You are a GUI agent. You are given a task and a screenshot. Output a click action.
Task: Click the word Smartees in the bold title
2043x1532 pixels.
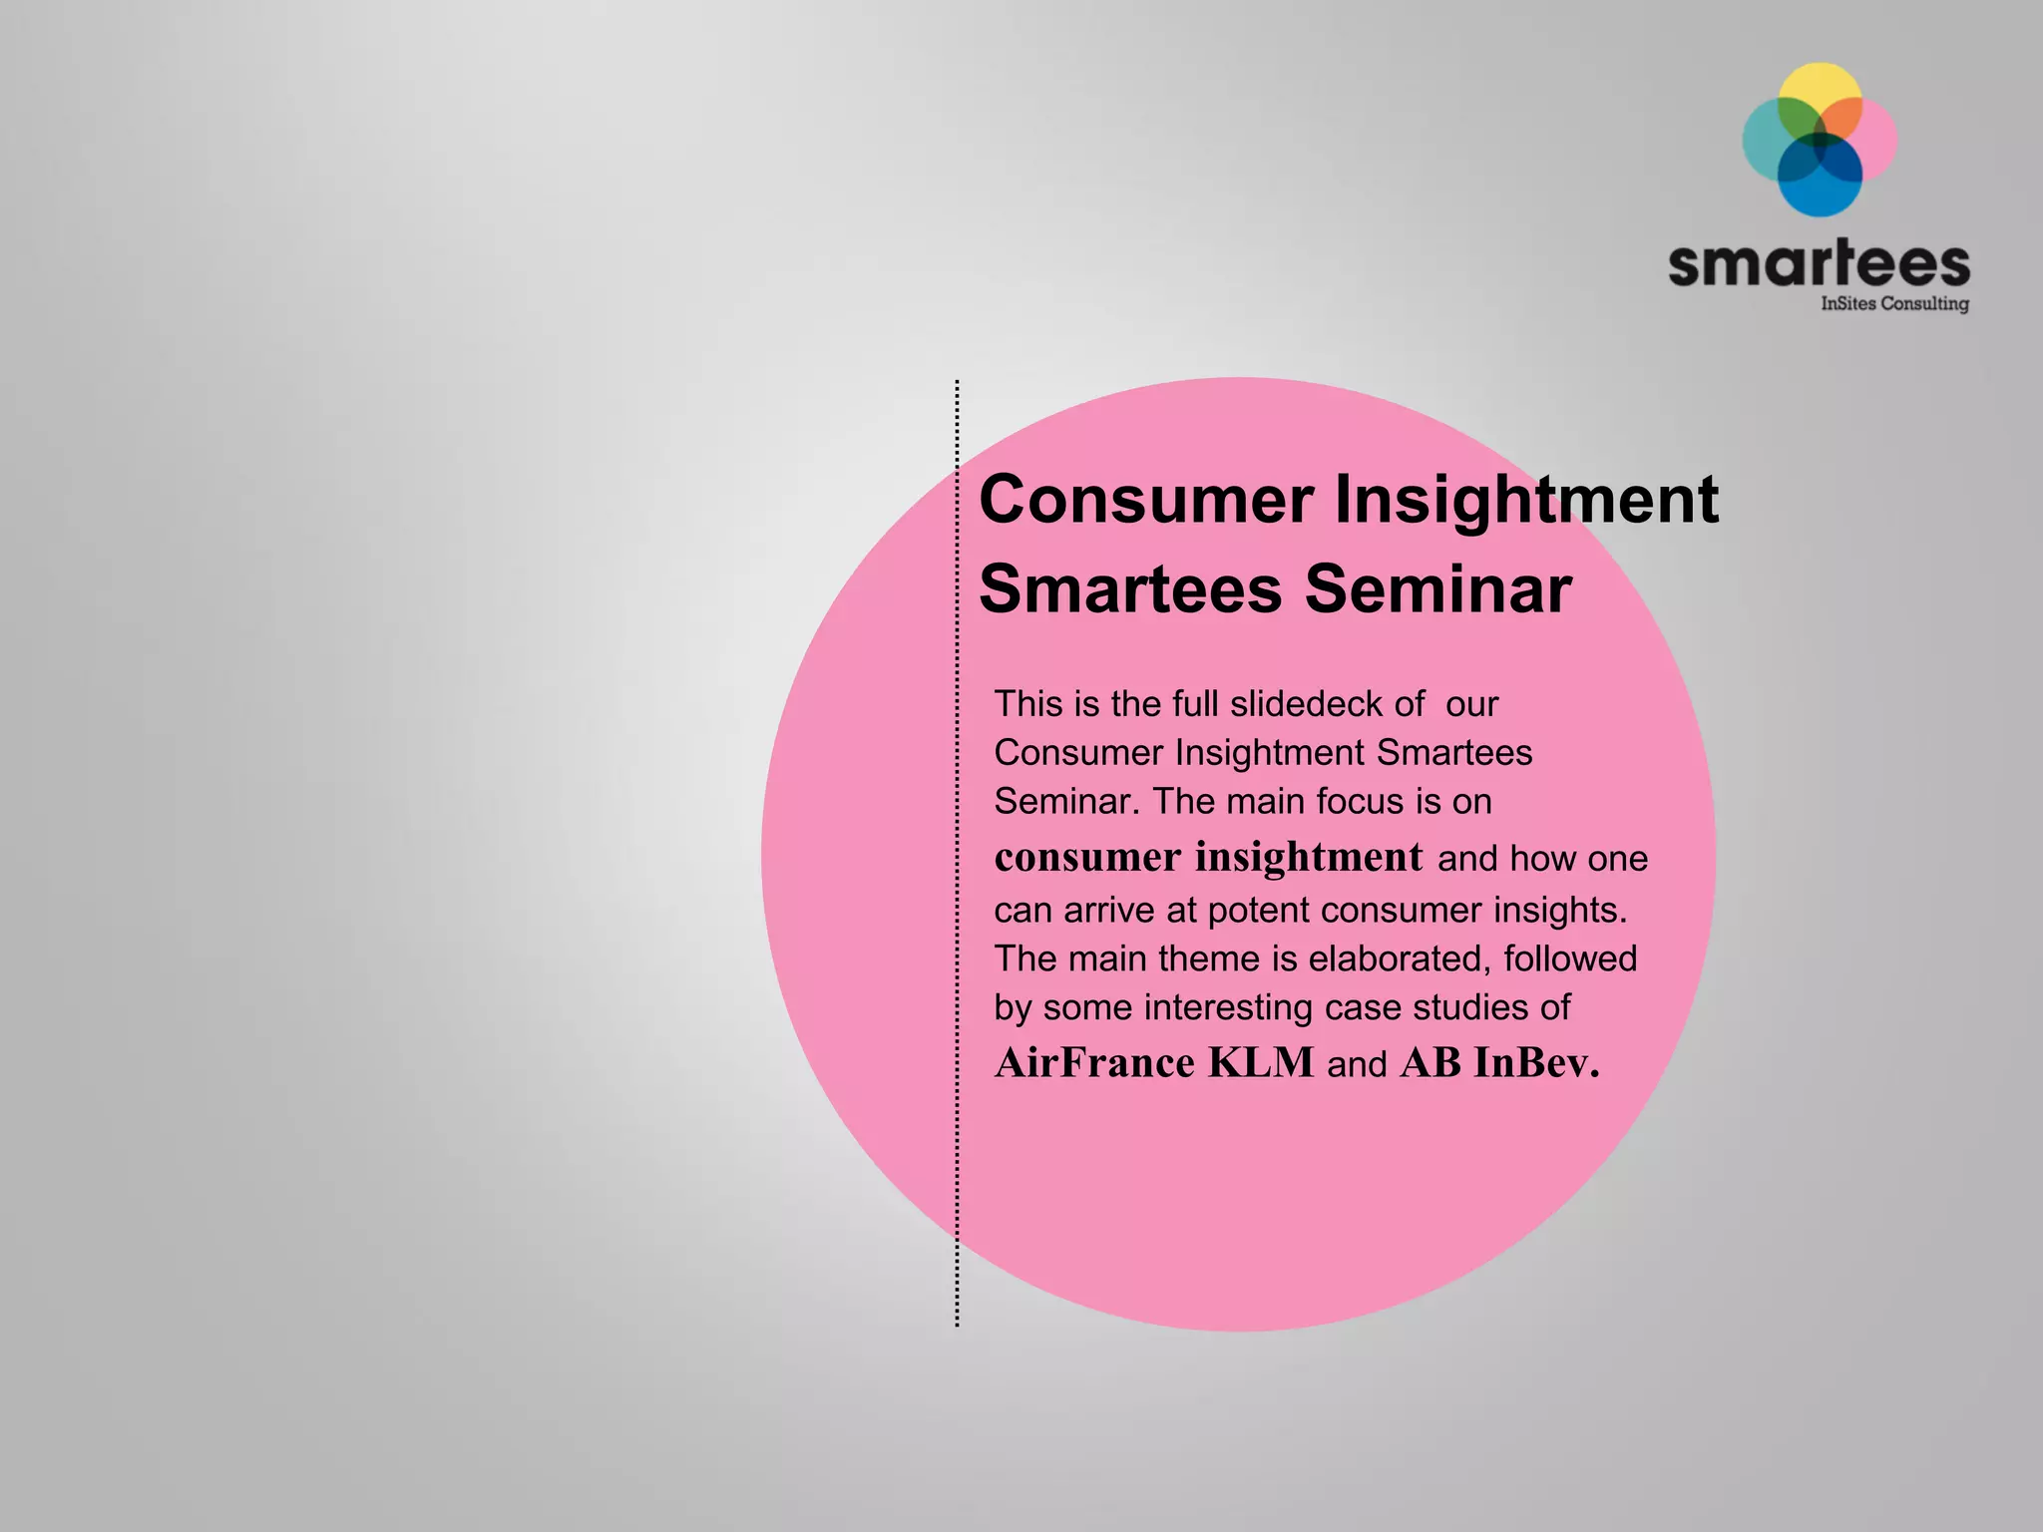click(1129, 588)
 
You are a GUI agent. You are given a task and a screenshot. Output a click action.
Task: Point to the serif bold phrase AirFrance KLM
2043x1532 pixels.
click(1154, 1063)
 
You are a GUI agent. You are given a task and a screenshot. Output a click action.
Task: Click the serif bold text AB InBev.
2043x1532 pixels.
click(1499, 1063)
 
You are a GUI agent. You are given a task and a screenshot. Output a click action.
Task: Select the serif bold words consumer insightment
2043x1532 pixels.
click(1208, 857)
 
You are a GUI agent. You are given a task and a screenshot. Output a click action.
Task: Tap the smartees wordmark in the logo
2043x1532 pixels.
click(1819, 264)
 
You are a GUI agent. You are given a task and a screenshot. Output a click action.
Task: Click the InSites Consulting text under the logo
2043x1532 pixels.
click(1894, 303)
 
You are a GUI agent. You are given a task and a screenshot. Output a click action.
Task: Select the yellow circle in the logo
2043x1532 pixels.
click(1822, 88)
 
